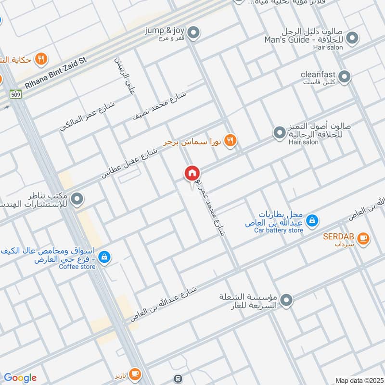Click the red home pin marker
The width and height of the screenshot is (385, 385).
pyautogui.click(x=192, y=173)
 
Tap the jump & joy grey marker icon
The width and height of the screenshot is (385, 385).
pyautogui.click(x=193, y=33)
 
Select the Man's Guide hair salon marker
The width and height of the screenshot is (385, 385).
pyautogui.click(x=352, y=37)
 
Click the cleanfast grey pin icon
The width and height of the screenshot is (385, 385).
pyautogui.click(x=345, y=76)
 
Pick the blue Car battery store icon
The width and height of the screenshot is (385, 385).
pyautogui.click(x=312, y=220)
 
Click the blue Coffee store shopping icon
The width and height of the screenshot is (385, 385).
pyautogui.click(x=104, y=257)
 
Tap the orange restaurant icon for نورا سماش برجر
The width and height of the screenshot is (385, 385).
pyautogui.click(x=231, y=140)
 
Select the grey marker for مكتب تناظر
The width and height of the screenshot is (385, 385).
pyautogui.click(x=76, y=198)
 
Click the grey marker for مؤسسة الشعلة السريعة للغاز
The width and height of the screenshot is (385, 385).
pyautogui.click(x=287, y=301)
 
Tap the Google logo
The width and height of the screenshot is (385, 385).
pyautogui.click(x=20, y=378)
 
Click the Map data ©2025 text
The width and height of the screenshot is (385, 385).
pyautogui.click(x=359, y=380)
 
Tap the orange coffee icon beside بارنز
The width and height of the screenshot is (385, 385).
pyautogui.click(x=135, y=373)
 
